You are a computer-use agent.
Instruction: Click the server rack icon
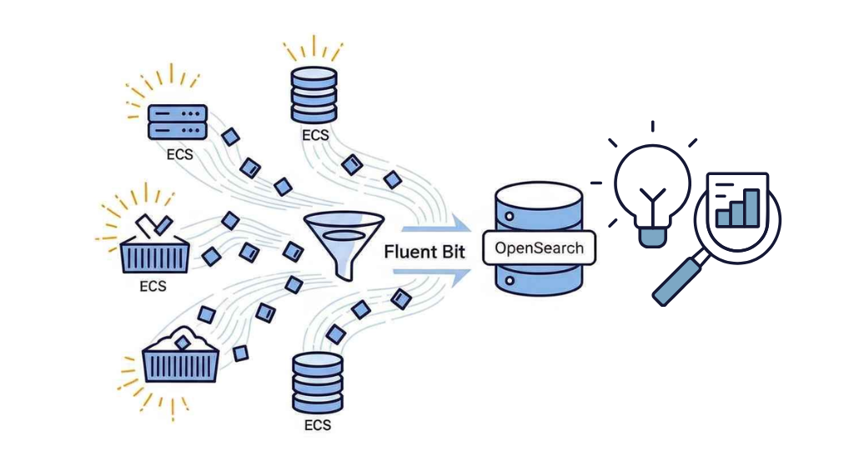click(x=177, y=121)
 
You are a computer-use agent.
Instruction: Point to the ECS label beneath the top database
click(x=316, y=135)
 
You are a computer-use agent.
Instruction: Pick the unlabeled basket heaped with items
click(x=180, y=358)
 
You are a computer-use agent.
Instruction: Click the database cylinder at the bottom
click(x=317, y=383)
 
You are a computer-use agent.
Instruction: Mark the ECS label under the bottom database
click(x=317, y=424)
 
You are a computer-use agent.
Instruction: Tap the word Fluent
click(x=412, y=251)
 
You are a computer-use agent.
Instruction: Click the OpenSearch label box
click(x=540, y=248)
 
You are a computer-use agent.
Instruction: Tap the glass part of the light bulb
click(x=652, y=180)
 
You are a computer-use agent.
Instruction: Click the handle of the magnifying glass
click(x=679, y=279)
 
